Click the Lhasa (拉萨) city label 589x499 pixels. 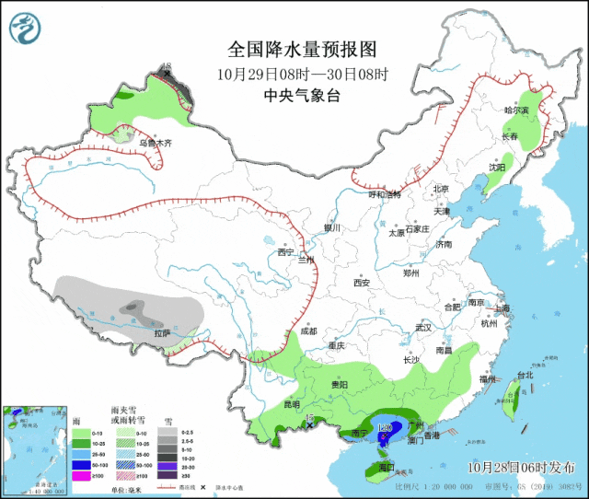(x=162, y=332)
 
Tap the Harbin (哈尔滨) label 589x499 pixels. (x=517, y=110)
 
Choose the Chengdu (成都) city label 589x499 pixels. (x=307, y=331)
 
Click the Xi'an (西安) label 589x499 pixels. (x=360, y=283)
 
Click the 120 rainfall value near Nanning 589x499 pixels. (x=386, y=428)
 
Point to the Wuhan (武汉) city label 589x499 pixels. (x=423, y=327)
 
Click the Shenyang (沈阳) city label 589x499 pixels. (x=497, y=168)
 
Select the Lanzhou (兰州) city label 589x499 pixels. (x=305, y=261)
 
